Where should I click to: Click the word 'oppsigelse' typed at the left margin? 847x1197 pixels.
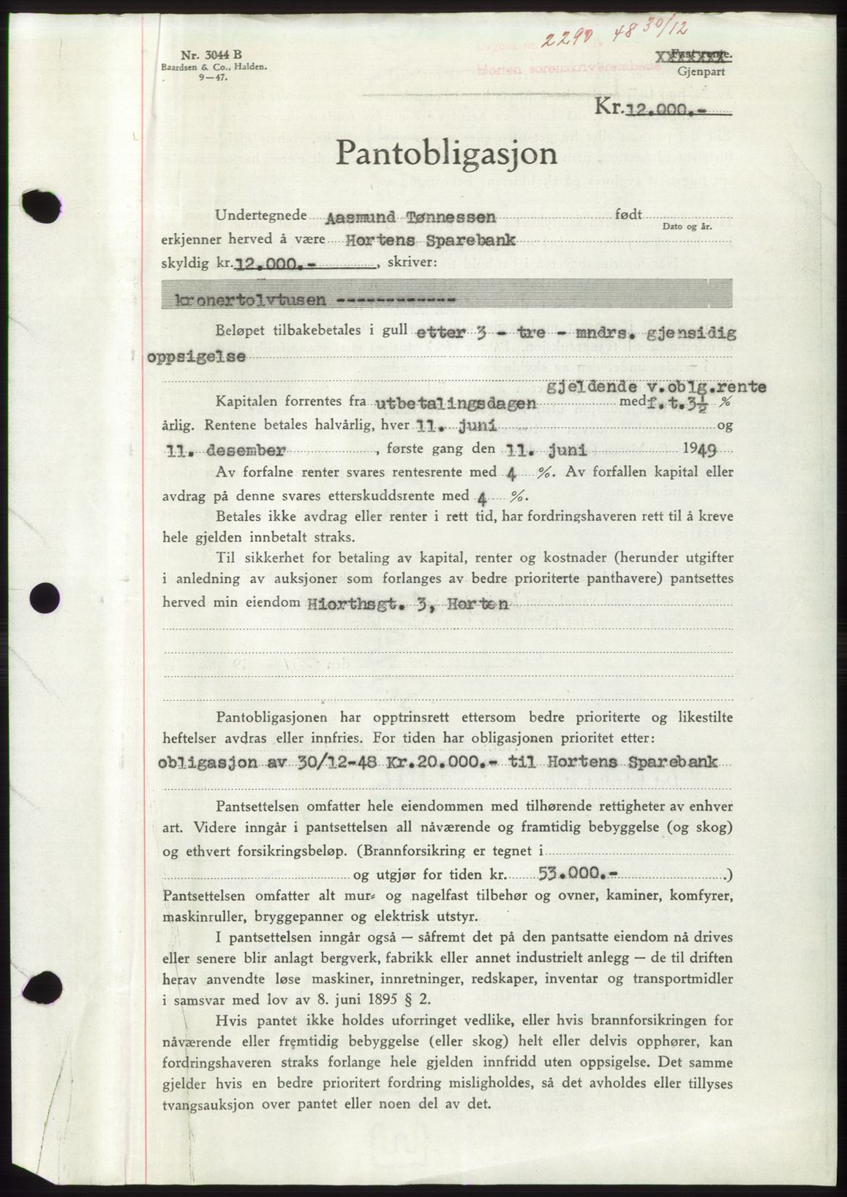tap(197, 356)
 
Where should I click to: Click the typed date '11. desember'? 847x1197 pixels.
tap(207, 450)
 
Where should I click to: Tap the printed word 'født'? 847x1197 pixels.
tap(629, 214)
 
